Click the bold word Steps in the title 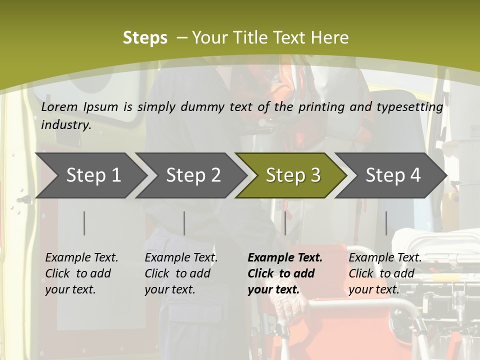tap(145, 38)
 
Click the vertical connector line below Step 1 tap(84, 223)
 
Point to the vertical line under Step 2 tap(184, 223)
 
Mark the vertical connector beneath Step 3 tap(285, 223)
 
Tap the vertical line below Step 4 tap(386, 223)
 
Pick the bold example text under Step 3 tap(284, 273)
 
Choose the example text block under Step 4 tap(385, 273)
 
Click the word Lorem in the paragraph tap(59, 107)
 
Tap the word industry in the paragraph tap(65, 125)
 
